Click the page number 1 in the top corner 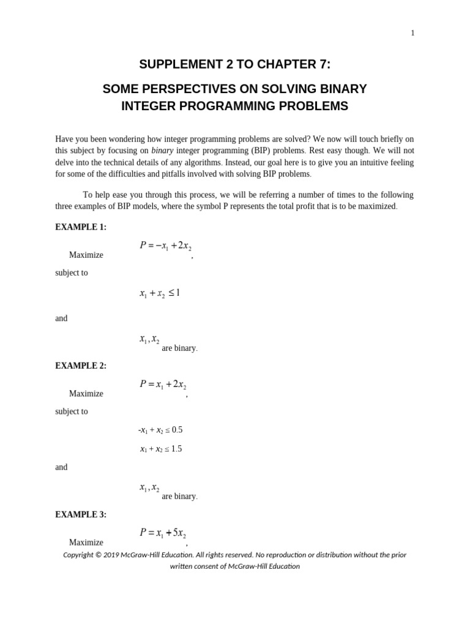coord(412,33)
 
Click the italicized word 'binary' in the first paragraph coord(162,151)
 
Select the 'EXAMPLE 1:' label coord(81,227)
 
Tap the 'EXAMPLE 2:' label coord(81,366)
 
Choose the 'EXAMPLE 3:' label coord(81,515)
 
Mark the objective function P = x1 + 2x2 coord(163,385)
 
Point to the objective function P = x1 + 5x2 coord(163,533)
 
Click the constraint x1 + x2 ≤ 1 coord(160,294)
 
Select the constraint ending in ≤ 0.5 coord(160,430)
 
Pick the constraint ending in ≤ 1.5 coord(161,449)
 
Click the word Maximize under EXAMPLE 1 coord(86,255)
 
